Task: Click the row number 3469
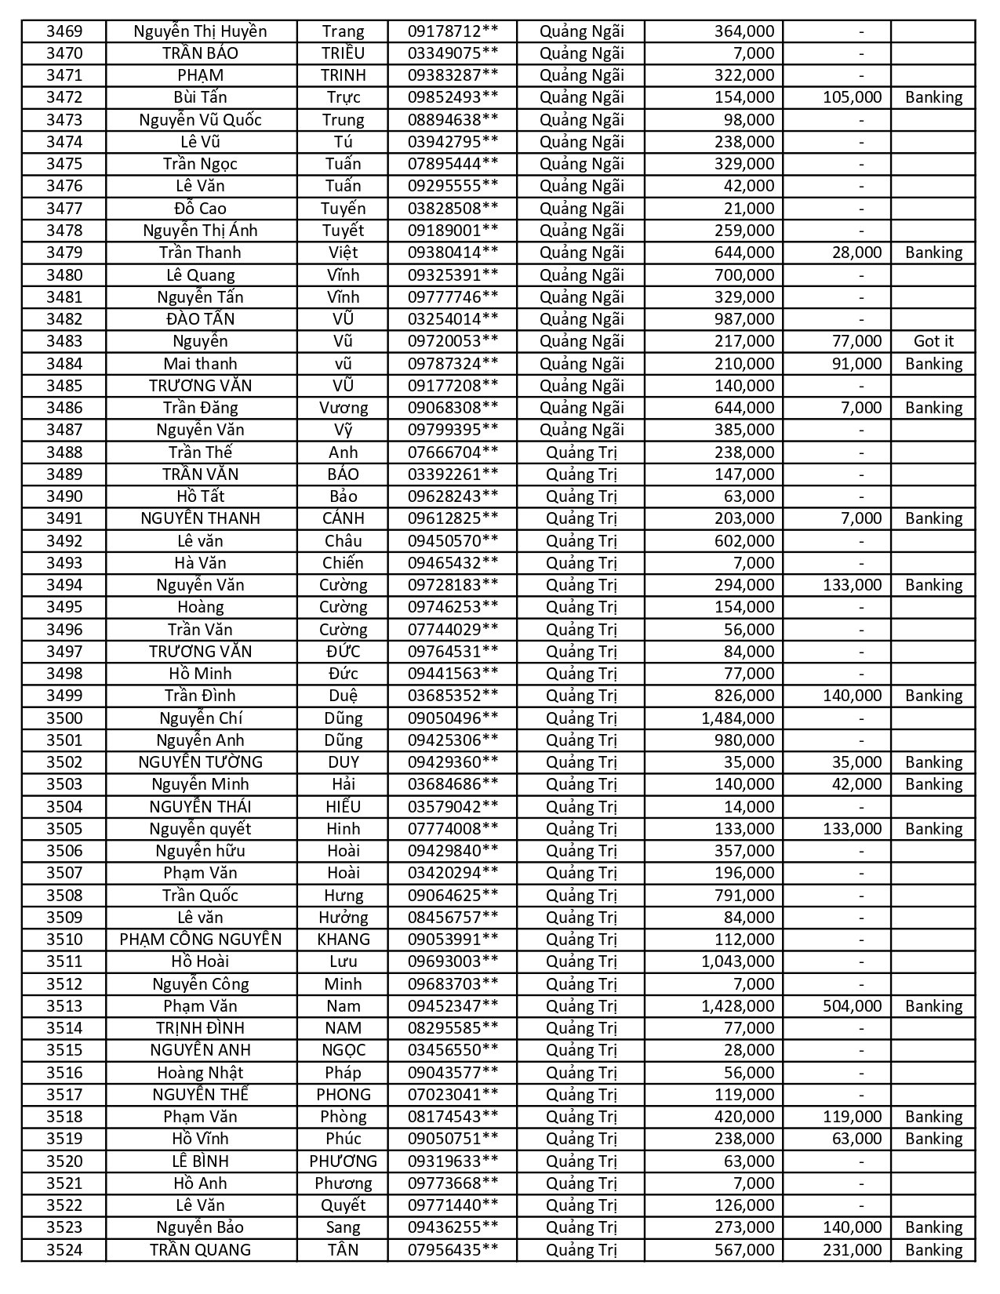click(64, 31)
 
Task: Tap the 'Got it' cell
click(933, 341)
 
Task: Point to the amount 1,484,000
click(737, 718)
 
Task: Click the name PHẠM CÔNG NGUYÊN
click(201, 940)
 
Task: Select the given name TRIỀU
click(343, 53)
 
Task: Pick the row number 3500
click(64, 718)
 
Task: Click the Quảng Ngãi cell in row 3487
click(582, 430)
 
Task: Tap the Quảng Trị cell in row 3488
click(582, 453)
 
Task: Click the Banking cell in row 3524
click(933, 1250)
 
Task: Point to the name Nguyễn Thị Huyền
click(201, 31)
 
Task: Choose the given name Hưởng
click(343, 918)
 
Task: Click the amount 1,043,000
click(737, 961)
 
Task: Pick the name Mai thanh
click(201, 364)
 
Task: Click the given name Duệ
click(343, 696)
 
